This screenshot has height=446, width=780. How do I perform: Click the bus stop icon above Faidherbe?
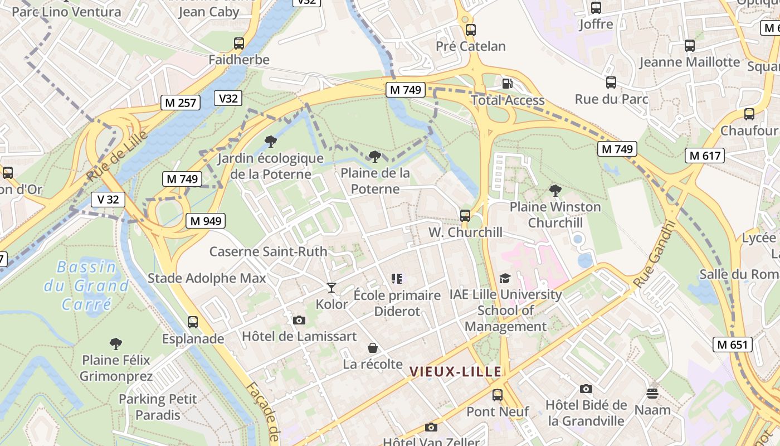pos(239,43)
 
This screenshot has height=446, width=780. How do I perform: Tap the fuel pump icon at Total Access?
pos(507,84)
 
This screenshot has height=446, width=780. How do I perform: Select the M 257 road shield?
pos(181,103)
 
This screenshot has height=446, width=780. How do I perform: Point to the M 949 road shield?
pos(206,221)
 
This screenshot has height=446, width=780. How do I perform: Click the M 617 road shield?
pos(705,156)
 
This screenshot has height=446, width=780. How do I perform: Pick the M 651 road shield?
pos(733,345)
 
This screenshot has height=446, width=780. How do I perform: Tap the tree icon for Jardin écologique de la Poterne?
pos(271,141)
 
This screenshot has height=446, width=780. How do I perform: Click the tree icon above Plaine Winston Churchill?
pos(555,190)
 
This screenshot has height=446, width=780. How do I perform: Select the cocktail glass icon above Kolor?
pos(331,288)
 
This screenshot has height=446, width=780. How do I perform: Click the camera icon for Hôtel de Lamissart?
pos(299,320)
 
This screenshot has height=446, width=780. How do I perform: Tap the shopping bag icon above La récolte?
pos(373,348)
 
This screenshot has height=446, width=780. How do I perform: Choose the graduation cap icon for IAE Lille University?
pos(505,278)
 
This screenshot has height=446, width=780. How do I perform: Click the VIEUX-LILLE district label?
pos(456,371)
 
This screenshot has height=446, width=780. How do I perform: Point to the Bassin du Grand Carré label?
pos(86,285)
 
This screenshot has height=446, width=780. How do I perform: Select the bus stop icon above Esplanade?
pos(193,322)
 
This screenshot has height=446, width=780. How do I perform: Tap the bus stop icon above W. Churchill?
pos(465,215)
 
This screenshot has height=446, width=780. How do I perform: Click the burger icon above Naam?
pos(652,394)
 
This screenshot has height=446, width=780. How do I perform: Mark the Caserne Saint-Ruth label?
pos(268,251)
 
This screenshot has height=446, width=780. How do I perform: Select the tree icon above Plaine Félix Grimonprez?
pos(116,343)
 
